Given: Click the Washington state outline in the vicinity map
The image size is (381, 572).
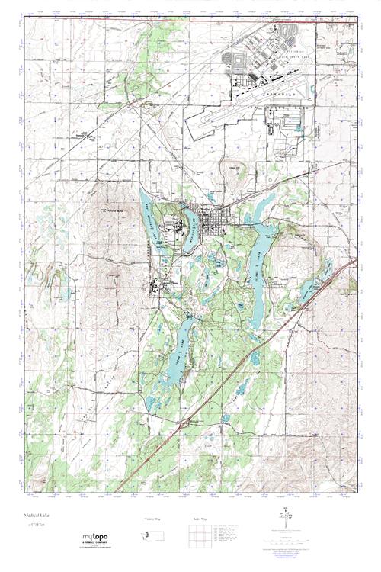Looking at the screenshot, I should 152,535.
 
